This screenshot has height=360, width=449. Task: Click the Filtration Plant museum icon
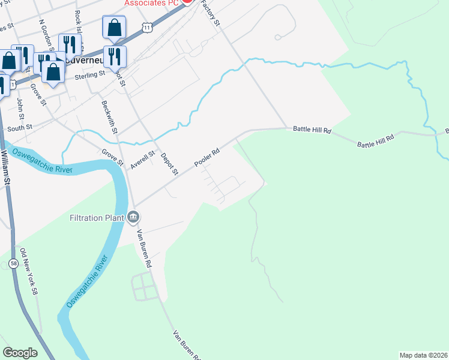coord(133,217)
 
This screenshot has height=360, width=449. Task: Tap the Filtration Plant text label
coord(95,217)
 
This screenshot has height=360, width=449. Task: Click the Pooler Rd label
coord(207,158)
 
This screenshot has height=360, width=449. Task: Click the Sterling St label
coord(90,75)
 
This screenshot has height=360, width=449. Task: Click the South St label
coord(20,128)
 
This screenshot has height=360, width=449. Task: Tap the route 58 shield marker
coord(14,263)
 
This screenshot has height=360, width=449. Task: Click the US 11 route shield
coord(147,27)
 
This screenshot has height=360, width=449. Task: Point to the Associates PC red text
coord(152,2)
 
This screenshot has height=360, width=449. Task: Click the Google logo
coord(20,353)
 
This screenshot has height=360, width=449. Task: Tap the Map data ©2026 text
coord(423,355)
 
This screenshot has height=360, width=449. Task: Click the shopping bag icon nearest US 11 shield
coord(114,26)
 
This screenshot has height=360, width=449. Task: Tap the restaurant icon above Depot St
coord(114,56)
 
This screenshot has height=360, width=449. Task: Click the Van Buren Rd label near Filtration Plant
coord(143,248)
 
